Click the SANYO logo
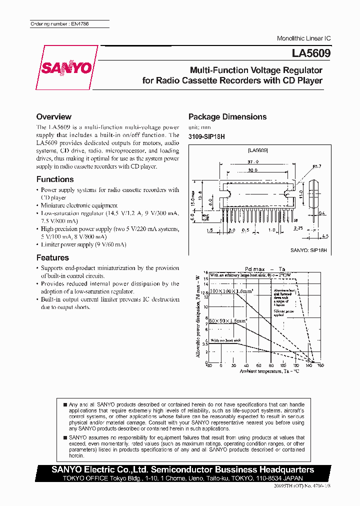[x=66, y=67]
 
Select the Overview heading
[x=54, y=116]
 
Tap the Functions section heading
[x=55, y=179]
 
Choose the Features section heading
[x=52, y=257]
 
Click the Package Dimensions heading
[x=227, y=116]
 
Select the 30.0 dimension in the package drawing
[x=253, y=170]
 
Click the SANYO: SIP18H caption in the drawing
[x=308, y=249]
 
